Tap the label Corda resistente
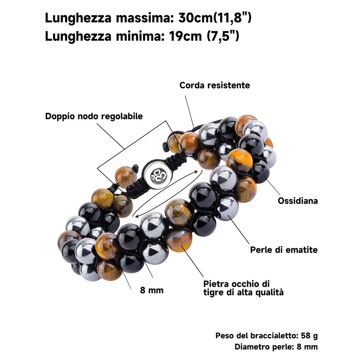point(215,85)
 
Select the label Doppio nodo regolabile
point(94,116)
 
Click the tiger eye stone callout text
point(237,288)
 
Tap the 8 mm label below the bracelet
point(152,290)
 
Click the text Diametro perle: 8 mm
point(276,346)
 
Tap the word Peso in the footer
point(225,336)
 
